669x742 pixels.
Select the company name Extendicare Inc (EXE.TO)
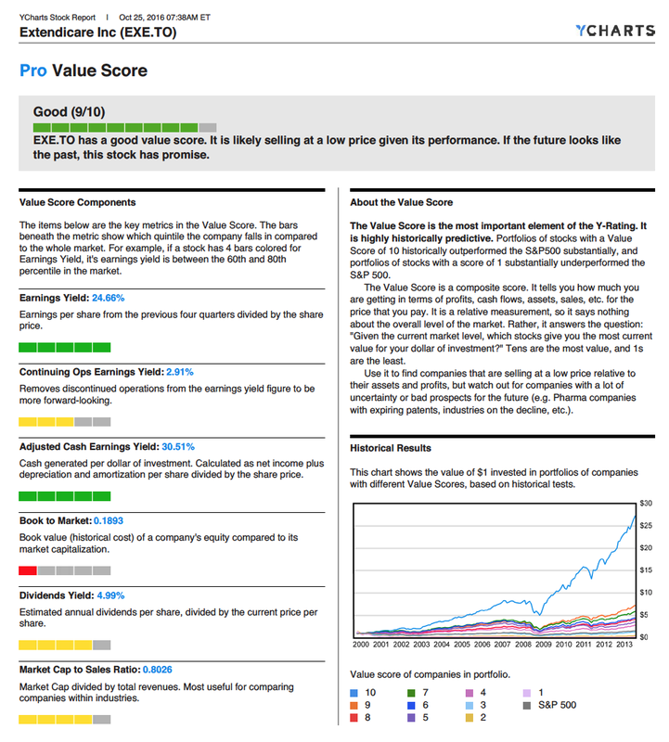pyautogui.click(x=97, y=32)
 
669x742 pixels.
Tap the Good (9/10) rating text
pyautogui.click(x=69, y=112)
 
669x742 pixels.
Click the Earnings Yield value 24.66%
pyautogui.click(x=108, y=299)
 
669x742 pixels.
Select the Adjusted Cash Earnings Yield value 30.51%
pyautogui.click(x=178, y=446)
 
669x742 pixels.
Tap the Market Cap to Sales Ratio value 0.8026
pyautogui.click(x=150, y=669)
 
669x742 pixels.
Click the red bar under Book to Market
pyautogui.click(x=28, y=570)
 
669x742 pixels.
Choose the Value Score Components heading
pyautogui.click(x=77, y=202)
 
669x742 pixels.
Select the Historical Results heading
pyautogui.click(x=391, y=448)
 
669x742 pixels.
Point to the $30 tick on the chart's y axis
pyautogui.click(x=647, y=503)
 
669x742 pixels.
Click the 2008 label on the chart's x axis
pyautogui.click(x=524, y=644)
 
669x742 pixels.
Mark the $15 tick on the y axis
pyautogui.click(x=647, y=569)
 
